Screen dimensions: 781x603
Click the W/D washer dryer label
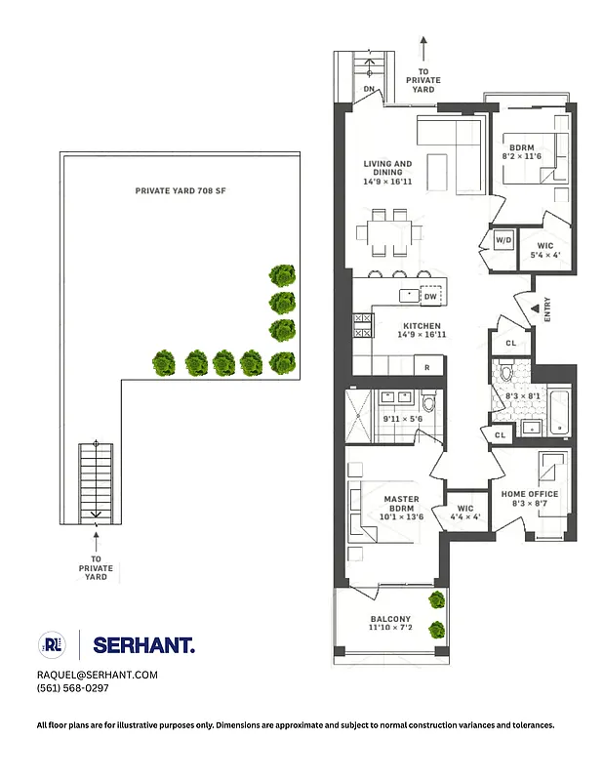coord(503,240)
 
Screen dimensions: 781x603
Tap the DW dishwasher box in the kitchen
coord(430,296)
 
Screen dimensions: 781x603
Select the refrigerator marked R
coord(428,367)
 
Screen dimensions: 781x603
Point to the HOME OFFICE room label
coord(530,494)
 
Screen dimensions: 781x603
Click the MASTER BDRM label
coord(401,505)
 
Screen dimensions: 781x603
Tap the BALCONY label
coord(390,620)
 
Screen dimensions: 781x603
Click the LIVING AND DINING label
coord(388,169)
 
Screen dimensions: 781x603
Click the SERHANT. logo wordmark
coord(143,644)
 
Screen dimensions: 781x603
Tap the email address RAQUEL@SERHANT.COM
coord(96,675)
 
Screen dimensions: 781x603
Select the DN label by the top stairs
coord(370,90)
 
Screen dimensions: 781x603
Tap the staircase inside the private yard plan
coord(95,479)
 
